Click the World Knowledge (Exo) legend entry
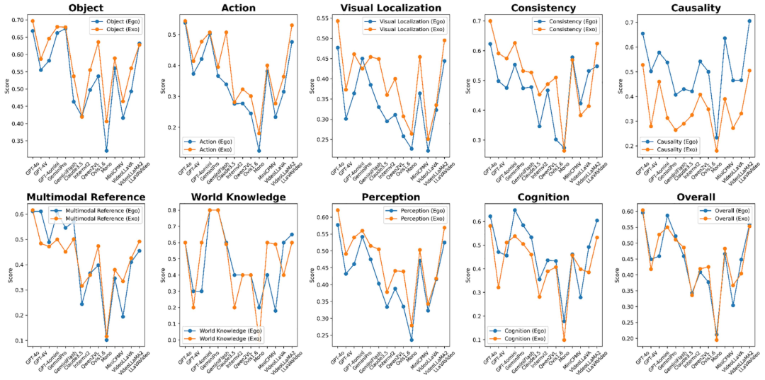pos(225,340)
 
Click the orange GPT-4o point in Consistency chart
pos(489,21)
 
